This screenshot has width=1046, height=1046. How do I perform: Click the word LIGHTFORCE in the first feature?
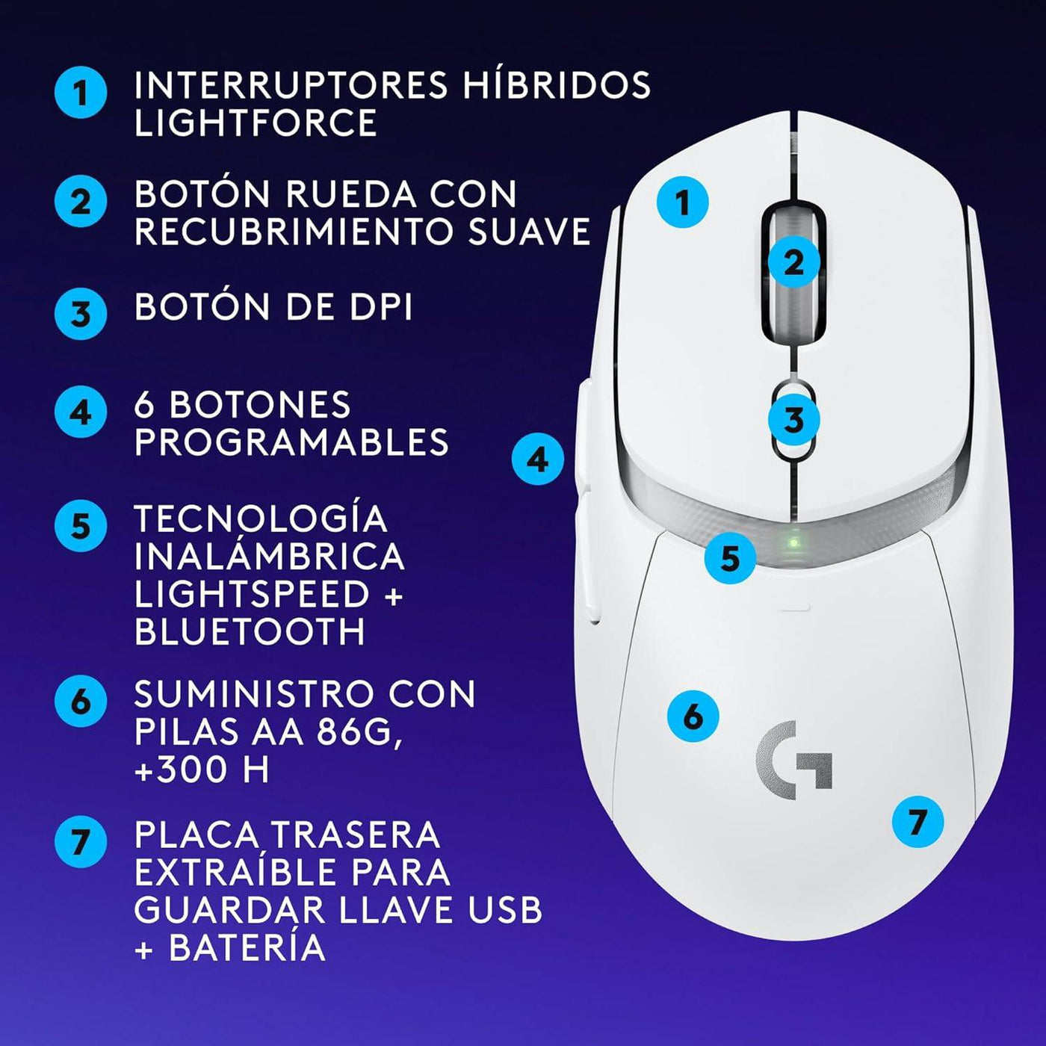pyautogui.click(x=256, y=123)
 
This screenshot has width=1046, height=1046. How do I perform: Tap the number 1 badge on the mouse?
pyautogui.click(x=682, y=202)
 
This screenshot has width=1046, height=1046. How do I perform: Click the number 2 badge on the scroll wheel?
pyautogui.click(x=794, y=261)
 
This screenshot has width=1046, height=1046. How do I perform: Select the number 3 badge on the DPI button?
pyautogui.click(x=794, y=419)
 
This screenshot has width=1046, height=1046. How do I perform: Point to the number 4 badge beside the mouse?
pyautogui.click(x=538, y=459)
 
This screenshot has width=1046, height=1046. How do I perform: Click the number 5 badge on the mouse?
pyautogui.click(x=730, y=557)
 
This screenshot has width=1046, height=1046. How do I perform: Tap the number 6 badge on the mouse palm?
pyautogui.click(x=693, y=716)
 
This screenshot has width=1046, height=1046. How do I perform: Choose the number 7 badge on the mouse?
pyautogui.click(x=917, y=822)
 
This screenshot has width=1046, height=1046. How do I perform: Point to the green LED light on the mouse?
pyautogui.click(x=794, y=542)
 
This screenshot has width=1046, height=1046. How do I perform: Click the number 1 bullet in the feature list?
pyautogui.click(x=81, y=93)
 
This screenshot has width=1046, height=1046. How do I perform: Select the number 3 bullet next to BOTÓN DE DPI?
pyautogui.click(x=81, y=314)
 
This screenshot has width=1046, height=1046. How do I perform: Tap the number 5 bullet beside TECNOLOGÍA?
pyautogui.click(x=81, y=526)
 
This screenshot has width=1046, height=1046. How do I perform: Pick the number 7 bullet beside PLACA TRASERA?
pyautogui.click(x=81, y=842)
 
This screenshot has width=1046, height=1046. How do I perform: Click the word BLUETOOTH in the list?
pyautogui.click(x=250, y=632)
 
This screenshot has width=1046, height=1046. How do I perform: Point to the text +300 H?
pyautogui.click(x=202, y=770)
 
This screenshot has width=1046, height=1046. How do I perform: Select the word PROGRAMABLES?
pyautogui.click(x=291, y=442)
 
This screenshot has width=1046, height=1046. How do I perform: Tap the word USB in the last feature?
pyautogui.click(x=504, y=909)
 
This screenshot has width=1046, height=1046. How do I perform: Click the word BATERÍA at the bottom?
pyautogui.click(x=247, y=947)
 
